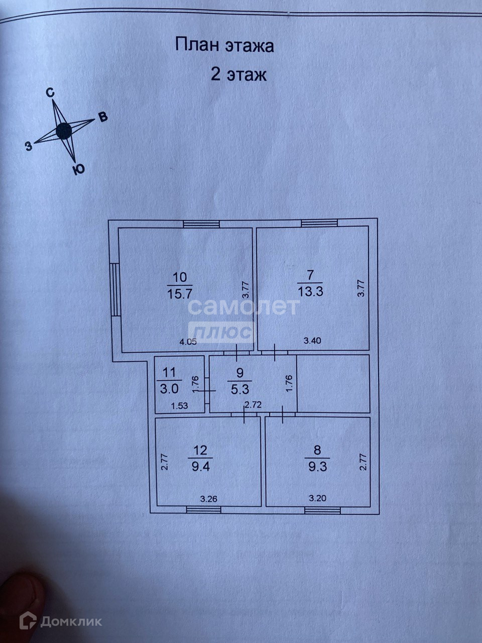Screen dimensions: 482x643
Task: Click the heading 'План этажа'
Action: point(224,46)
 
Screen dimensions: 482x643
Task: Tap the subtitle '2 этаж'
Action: point(238,75)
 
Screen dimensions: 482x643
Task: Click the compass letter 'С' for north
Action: point(50,92)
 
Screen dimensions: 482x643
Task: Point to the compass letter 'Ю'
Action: point(77,169)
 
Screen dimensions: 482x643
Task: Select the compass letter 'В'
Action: point(102,118)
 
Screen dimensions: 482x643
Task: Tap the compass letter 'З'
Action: point(29,146)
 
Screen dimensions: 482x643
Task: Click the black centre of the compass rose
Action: point(64,131)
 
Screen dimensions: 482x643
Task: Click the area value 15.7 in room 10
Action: point(179,291)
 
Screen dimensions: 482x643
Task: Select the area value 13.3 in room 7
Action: point(310,291)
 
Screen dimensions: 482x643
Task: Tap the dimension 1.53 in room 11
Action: point(179,405)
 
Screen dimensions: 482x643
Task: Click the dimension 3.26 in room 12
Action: point(208,499)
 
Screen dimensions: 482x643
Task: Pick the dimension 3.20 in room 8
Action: point(317,498)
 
